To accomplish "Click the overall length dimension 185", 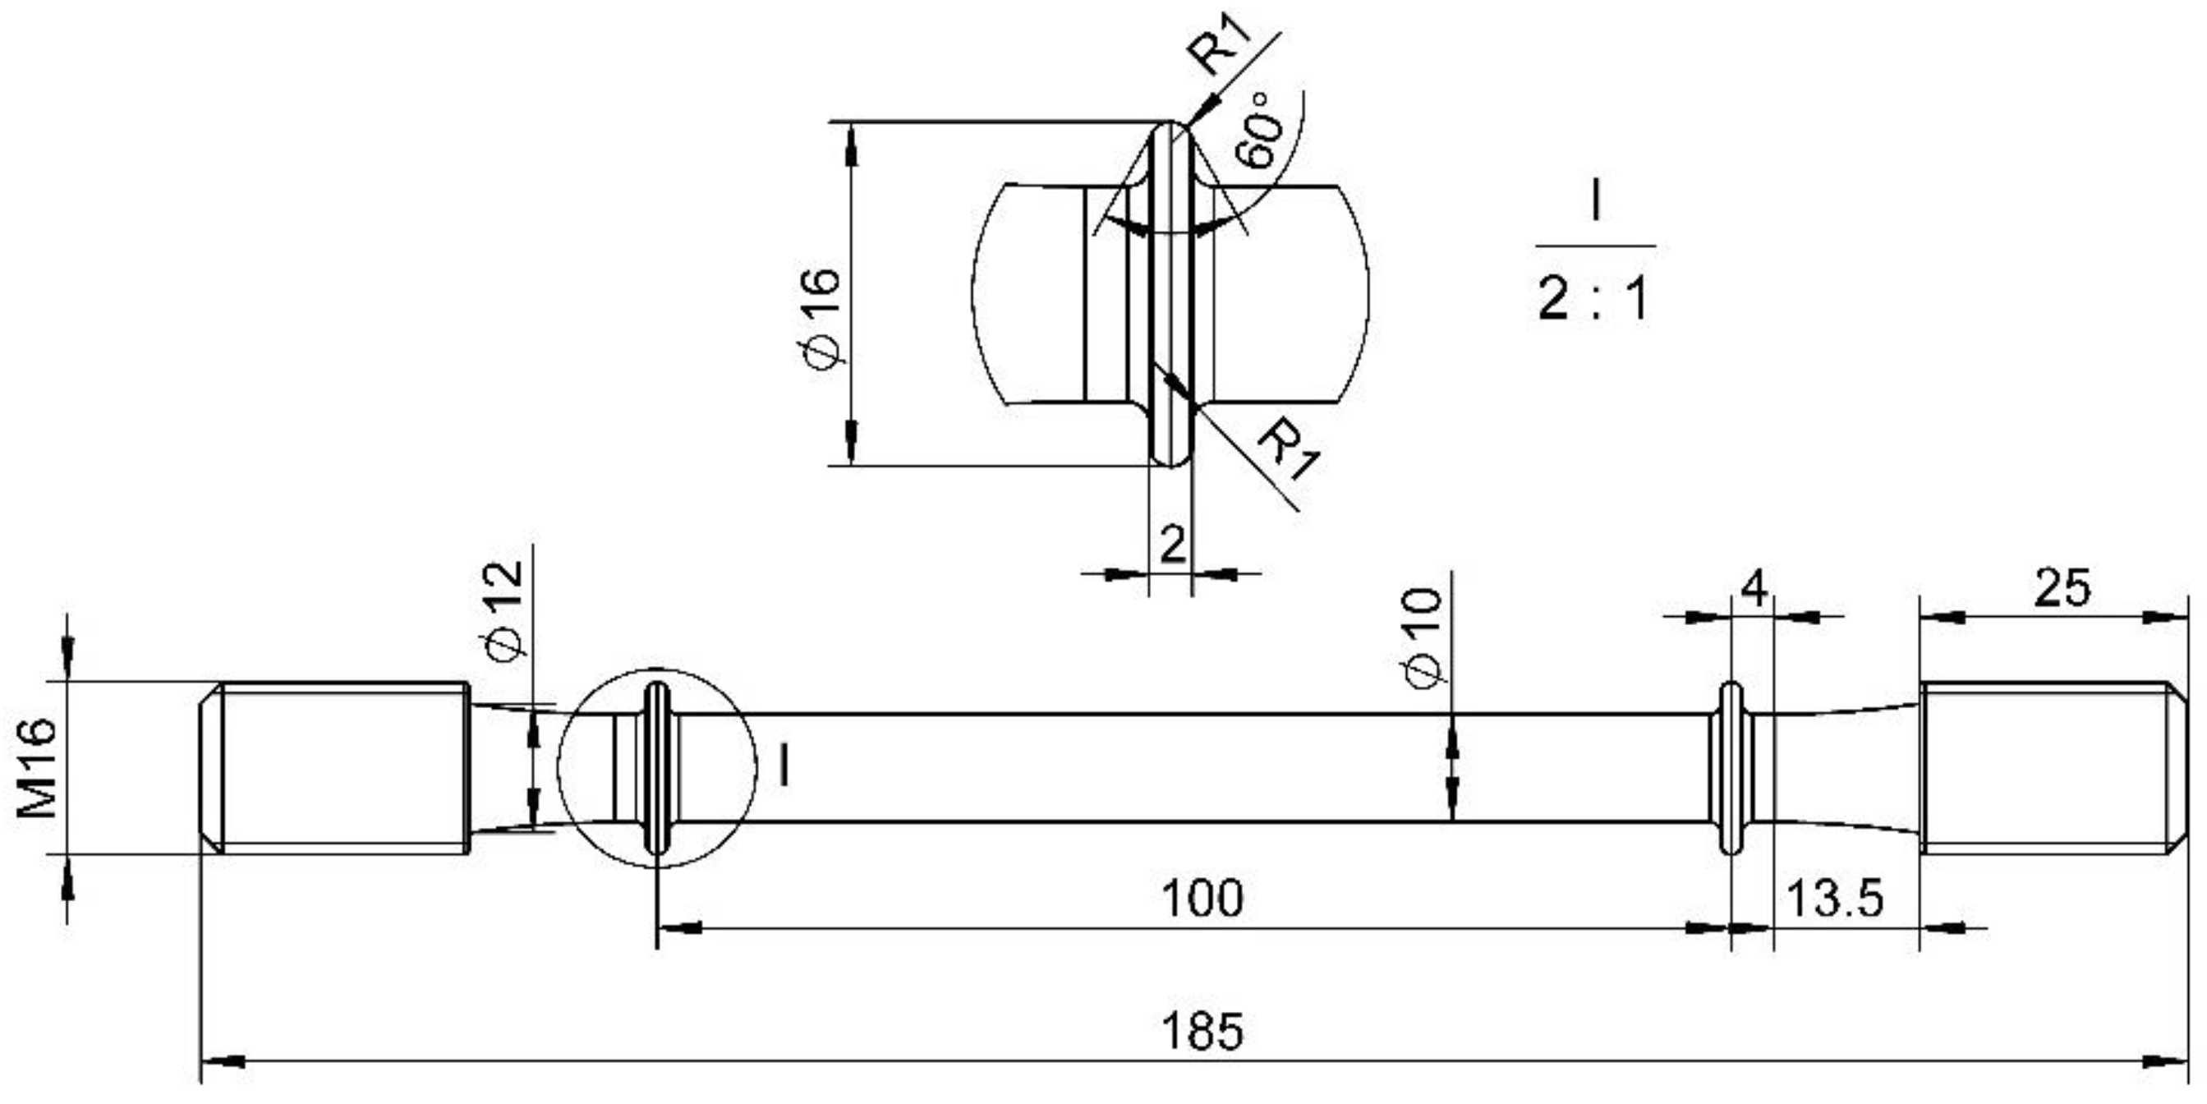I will pyautogui.click(x=1201, y=1031).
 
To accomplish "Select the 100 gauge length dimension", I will pyautogui.click(x=1201, y=899).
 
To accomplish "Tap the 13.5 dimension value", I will pyautogui.click(x=1834, y=899).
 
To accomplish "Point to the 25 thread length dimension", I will pyautogui.click(x=2062, y=589).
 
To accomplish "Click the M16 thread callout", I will pyautogui.click(x=37, y=768).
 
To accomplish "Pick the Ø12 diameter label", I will pyautogui.click(x=503, y=610).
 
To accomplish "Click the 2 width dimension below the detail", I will pyautogui.click(x=1172, y=545).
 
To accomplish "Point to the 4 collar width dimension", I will pyautogui.click(x=1754, y=589).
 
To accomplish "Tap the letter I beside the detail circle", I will pyautogui.click(x=783, y=766).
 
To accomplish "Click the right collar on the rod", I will pyautogui.click(x=1731, y=768).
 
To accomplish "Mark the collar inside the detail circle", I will pyautogui.click(x=657, y=768).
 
